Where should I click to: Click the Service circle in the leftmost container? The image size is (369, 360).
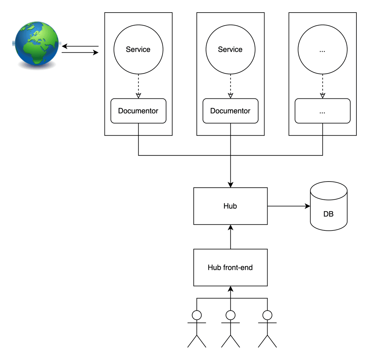(138, 50)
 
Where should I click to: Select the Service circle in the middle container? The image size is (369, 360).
(230, 50)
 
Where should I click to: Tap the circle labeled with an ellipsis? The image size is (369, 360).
(323, 50)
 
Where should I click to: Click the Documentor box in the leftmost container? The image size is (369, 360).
(138, 111)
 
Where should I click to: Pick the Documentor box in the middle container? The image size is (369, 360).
(230, 111)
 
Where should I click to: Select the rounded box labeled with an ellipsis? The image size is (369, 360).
(323, 111)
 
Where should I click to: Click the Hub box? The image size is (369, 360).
(230, 206)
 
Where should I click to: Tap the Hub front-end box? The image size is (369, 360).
(230, 268)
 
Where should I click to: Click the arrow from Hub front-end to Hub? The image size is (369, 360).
(231, 237)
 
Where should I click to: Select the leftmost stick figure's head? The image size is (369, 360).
(197, 315)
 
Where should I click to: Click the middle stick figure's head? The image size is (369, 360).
(231, 315)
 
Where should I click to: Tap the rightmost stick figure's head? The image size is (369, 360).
(268, 315)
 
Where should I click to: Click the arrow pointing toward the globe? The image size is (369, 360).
(80, 46)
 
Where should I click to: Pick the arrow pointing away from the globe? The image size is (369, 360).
(80, 53)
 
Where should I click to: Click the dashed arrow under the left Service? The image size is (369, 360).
(138, 86)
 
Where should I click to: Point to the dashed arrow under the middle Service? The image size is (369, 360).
(231, 86)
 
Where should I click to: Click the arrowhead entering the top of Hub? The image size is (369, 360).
(231, 185)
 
